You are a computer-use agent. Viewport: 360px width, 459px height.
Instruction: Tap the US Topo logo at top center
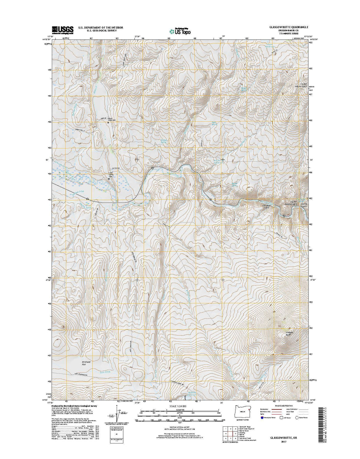pos(180,31)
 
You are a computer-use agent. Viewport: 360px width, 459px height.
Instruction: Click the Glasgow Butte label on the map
pos(289,334)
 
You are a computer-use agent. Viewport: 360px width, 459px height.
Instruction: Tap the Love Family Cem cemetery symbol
pos(109,179)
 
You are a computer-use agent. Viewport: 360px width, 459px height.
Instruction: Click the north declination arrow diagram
pos(117,414)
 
